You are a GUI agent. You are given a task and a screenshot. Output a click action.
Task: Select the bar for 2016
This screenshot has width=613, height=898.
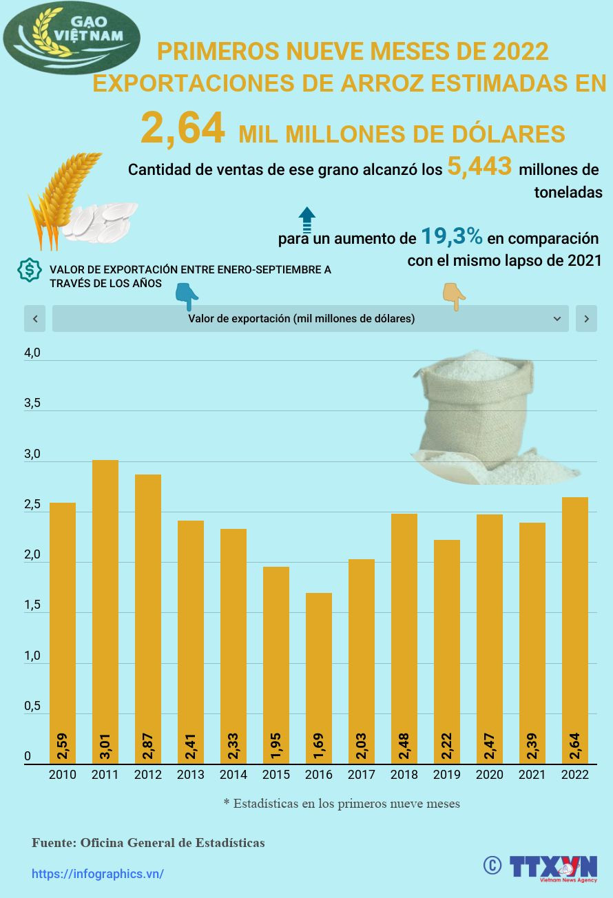click(x=319, y=678)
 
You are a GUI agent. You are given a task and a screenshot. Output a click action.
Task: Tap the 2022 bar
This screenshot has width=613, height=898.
click(x=575, y=630)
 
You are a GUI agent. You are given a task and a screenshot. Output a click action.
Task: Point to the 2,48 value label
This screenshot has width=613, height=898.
click(x=404, y=746)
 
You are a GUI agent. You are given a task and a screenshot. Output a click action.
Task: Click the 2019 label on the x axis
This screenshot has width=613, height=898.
click(x=447, y=775)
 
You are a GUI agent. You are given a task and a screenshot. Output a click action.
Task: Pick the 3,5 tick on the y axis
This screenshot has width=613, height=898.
click(x=32, y=404)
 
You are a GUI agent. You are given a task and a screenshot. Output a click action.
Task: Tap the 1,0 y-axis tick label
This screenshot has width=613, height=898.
click(x=32, y=656)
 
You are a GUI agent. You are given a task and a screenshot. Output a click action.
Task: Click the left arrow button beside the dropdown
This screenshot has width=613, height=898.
click(x=35, y=319)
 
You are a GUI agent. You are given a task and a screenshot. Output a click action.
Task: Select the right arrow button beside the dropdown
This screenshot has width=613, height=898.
click(x=586, y=319)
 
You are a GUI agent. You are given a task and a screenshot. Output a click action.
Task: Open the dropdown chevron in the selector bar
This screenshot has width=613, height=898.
click(x=557, y=319)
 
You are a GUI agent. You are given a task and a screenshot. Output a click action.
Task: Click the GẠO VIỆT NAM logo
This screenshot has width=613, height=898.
click(x=72, y=38)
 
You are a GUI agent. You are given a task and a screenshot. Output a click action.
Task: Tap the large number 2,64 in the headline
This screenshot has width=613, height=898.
click(x=183, y=129)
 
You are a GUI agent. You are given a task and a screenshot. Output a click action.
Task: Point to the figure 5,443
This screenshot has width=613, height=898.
click(x=479, y=167)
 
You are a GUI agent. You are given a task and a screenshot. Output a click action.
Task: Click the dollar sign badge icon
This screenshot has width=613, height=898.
click(x=29, y=271)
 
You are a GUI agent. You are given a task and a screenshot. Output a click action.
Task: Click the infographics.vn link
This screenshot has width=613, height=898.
click(x=98, y=874)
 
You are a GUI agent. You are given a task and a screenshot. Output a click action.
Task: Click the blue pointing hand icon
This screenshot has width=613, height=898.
click(x=186, y=295)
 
